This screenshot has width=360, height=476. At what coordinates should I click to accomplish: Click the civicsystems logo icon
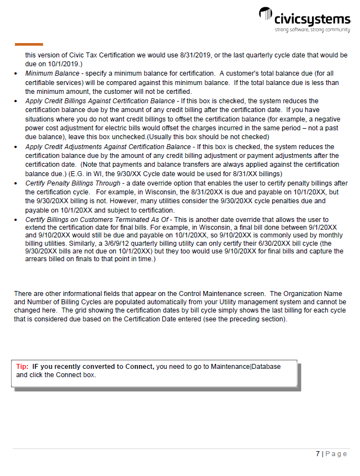point(266,16)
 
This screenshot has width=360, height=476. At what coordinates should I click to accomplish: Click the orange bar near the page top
point(29,44)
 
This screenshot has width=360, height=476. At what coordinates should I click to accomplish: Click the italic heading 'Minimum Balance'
point(51,73)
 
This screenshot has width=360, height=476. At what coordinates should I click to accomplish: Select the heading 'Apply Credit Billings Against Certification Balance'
point(100,101)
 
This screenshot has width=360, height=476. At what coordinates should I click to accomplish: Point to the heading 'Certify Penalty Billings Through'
point(72,183)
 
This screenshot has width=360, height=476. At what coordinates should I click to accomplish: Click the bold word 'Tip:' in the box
point(22,367)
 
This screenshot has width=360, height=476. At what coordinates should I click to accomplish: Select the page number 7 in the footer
point(317,454)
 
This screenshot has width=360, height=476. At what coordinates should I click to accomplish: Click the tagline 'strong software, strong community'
point(313,29)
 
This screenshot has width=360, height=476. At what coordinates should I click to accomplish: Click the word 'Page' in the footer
point(336,454)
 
